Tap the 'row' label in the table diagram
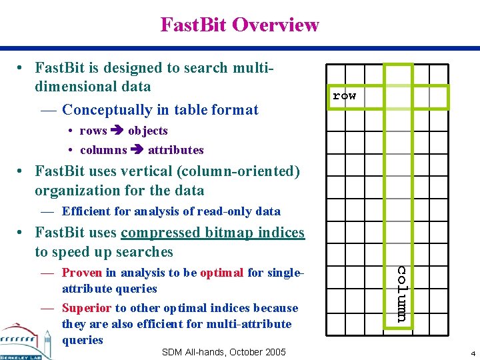pos(344,96)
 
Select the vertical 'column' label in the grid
pos(402,294)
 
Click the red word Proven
pos(82,272)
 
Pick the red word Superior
pos(87,308)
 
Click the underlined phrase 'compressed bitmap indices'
pos(213,233)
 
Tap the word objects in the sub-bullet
pos(148,131)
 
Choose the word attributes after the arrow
pos(175,150)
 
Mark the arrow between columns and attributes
pos(137,150)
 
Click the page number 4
pos(472,353)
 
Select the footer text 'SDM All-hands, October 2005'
pos(223,352)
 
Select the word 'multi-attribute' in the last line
pos(251,324)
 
